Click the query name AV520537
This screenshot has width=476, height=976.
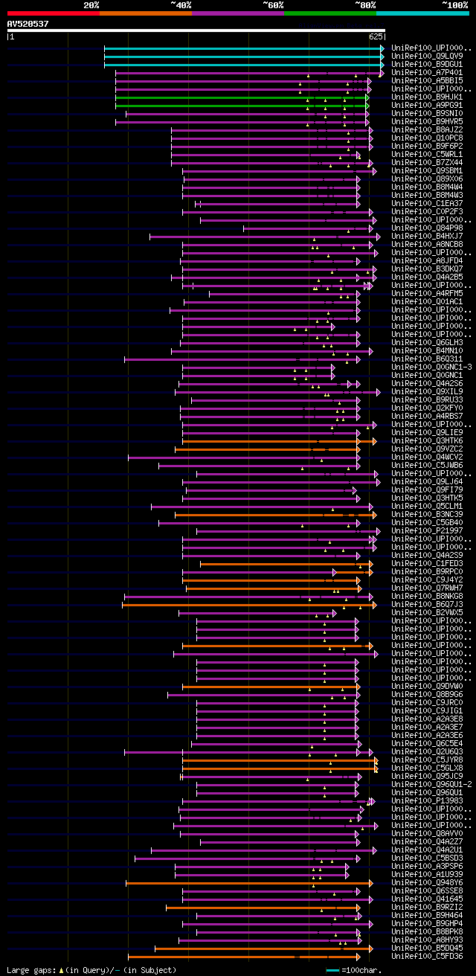[28, 24]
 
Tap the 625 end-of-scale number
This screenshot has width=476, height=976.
[375, 36]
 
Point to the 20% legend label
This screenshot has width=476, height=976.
[91, 5]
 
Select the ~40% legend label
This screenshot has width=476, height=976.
[181, 5]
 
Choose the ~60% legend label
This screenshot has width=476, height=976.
[273, 5]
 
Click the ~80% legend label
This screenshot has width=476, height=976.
[365, 5]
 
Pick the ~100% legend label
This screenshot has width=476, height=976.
[454, 5]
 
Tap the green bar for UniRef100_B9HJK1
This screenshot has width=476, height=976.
[241, 97]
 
